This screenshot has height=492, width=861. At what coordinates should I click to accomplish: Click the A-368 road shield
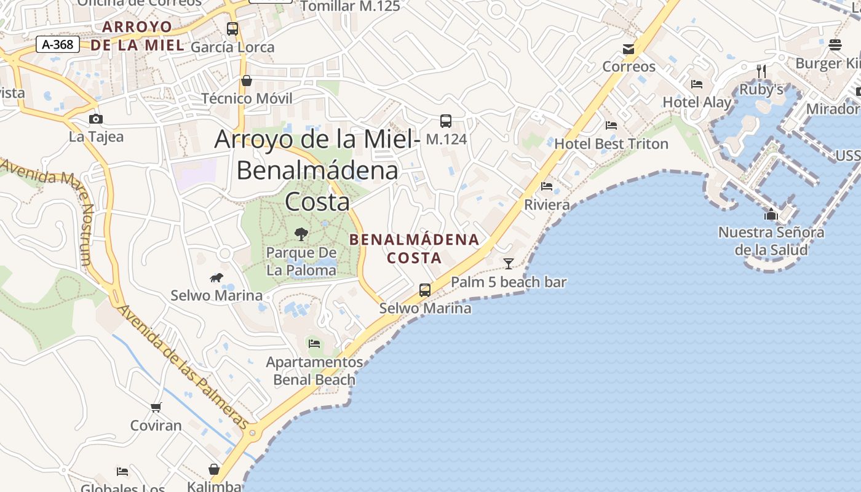coord(58,44)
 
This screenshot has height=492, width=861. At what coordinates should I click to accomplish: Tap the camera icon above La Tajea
coord(96,119)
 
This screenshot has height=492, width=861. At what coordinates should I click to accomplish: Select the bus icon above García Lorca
coord(232,28)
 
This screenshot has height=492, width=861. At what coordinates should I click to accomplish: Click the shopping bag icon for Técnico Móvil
coord(247,81)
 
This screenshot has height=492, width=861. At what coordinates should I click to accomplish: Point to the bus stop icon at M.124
coord(446,121)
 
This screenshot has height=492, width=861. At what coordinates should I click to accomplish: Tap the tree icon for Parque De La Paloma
coord(301,234)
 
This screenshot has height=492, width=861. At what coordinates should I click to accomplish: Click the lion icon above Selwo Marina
coord(216,278)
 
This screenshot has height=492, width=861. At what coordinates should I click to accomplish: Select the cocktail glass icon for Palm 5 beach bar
coord(509,264)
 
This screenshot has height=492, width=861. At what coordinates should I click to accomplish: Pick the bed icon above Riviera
coord(547,186)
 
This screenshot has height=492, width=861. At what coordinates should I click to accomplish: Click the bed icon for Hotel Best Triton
coord(611,125)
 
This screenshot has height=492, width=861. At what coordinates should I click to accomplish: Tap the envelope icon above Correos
coord(629,49)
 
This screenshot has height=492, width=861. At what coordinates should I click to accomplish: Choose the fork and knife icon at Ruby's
coord(761,71)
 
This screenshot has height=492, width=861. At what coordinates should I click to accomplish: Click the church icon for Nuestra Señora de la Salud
coord(771,214)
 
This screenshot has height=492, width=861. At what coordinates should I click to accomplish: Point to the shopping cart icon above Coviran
coord(156,407)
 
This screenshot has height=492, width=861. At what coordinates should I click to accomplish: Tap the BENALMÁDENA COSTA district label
coord(415,248)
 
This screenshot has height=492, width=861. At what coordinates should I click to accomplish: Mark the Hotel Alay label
coord(697,102)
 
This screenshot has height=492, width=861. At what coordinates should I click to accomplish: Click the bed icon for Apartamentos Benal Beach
coord(315,344)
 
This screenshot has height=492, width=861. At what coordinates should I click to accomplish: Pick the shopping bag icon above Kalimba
coord(214,470)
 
